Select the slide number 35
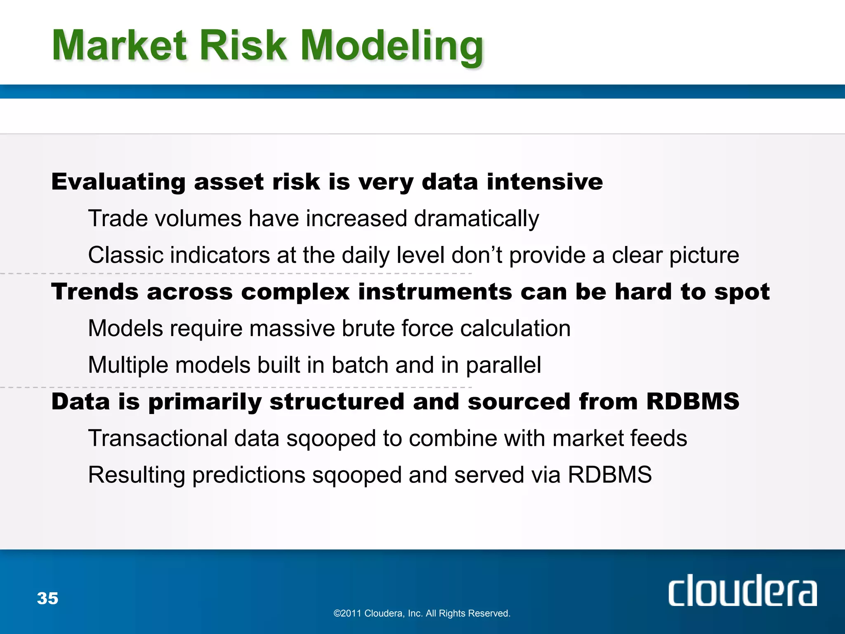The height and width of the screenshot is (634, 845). (x=47, y=599)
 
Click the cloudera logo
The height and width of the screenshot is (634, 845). (x=742, y=591)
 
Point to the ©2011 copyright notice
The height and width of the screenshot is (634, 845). (x=422, y=613)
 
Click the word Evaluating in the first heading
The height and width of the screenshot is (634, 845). (x=118, y=182)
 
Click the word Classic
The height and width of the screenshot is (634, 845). (x=125, y=255)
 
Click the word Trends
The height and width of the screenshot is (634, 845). (x=94, y=292)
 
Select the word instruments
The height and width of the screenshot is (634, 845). (x=435, y=292)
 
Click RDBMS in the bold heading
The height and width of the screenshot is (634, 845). (x=693, y=402)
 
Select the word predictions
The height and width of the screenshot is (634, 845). (x=249, y=475)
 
